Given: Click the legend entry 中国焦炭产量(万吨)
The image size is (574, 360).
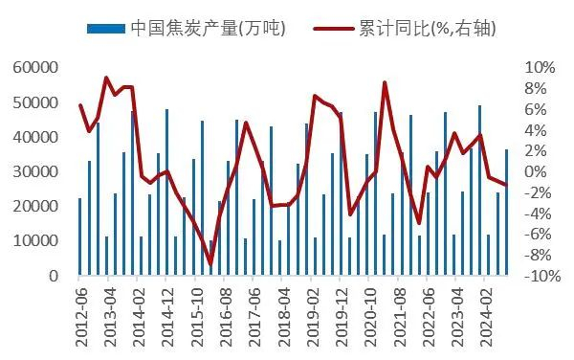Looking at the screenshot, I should coord(210,27).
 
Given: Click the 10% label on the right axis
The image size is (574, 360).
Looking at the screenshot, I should coord(540,68).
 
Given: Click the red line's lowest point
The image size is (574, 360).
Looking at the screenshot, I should coord(210,263).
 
